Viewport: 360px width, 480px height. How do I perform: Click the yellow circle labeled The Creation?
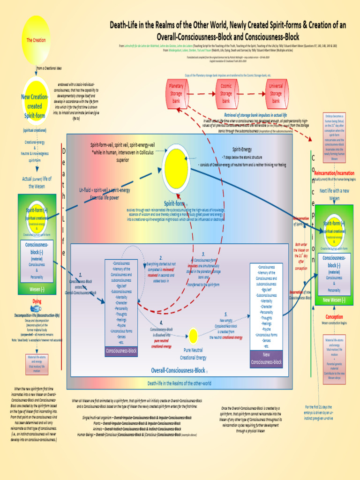click(36, 40)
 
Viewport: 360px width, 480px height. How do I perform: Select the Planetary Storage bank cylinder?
click(176, 93)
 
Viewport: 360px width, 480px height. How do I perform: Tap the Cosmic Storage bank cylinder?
click(226, 93)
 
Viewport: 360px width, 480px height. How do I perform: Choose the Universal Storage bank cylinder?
click(276, 93)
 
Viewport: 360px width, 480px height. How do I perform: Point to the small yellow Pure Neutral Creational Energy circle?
click(193, 336)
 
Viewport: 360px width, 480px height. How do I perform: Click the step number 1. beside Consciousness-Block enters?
click(81, 275)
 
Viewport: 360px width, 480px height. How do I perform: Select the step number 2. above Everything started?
click(161, 258)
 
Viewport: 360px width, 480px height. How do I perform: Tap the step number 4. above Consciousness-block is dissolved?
click(161, 323)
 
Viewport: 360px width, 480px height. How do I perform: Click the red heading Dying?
click(37, 301)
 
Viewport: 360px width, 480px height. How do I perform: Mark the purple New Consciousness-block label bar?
click(266, 358)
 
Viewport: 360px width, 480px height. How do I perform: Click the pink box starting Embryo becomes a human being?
click(334, 137)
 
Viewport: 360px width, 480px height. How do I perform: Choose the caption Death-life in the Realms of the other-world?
click(179, 383)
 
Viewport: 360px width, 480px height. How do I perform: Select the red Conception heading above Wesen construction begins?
click(334, 317)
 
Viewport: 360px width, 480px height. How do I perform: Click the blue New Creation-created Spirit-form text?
click(35, 106)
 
